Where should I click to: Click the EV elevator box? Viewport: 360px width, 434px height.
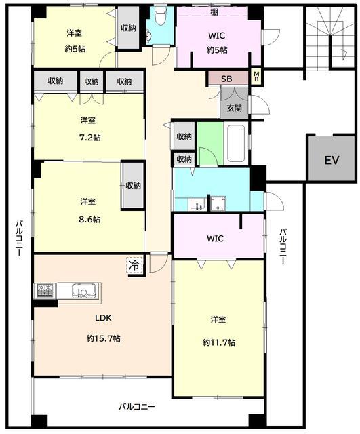pos(332,158)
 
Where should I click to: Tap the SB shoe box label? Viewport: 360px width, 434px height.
pos(226,79)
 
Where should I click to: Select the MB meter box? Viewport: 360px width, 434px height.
pos(256,77)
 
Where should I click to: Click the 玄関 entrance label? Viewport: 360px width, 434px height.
pos(234,108)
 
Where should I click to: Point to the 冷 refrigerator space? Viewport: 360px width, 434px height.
pos(135,265)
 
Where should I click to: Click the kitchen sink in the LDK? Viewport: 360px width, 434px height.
pos(83,291)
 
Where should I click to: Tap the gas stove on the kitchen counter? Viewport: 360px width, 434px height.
pos(45,291)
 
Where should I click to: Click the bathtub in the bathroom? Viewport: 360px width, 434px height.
pos(235,144)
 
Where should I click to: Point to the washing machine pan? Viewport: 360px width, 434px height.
pos(218,203)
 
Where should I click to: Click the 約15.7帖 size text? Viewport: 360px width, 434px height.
pos(103,338)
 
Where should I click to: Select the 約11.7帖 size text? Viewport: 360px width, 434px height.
pos(219,342)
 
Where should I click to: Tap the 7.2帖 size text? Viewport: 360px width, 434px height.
pos(90,138)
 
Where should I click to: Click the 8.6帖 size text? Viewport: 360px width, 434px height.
pos(89,220)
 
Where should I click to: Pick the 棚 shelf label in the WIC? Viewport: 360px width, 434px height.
pos(214,12)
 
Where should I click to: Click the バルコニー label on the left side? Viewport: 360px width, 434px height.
pos(18,239)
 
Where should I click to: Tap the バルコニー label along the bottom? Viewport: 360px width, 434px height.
pos(137,407)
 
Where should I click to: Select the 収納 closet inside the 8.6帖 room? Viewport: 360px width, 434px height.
pos(133,185)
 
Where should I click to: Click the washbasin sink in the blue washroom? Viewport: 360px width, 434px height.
pos(197,204)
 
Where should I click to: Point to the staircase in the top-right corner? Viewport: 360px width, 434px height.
pos(330,37)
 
